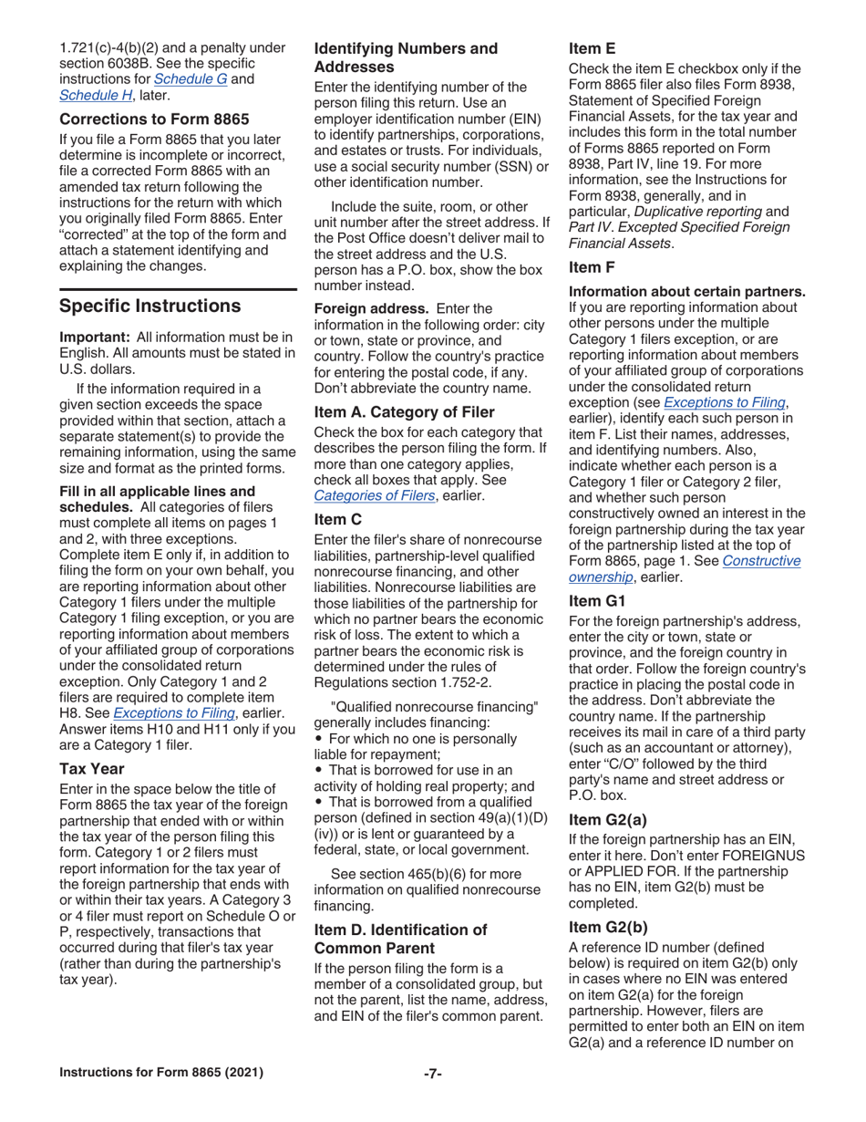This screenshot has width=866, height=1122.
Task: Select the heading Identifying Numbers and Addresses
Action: (x=406, y=57)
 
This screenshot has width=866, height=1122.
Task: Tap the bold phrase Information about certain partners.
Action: (x=686, y=292)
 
